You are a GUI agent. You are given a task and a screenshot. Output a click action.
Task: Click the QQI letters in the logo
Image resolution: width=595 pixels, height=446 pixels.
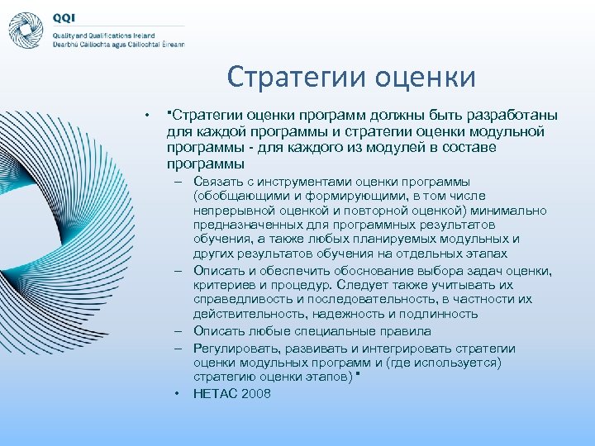[64, 17]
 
